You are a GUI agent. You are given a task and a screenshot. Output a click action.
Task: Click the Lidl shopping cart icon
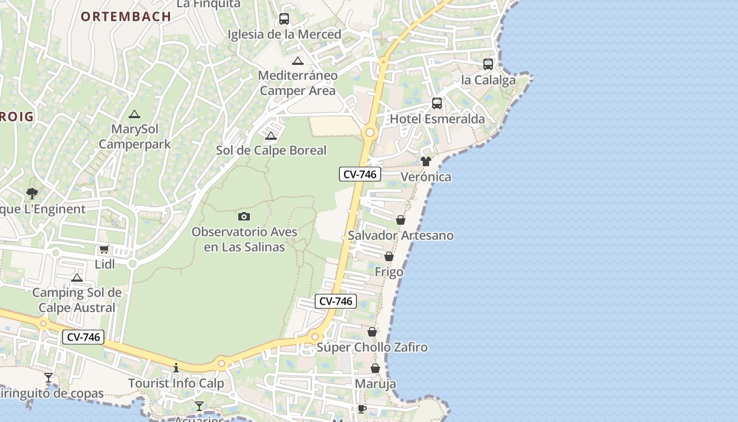click(x=104, y=249)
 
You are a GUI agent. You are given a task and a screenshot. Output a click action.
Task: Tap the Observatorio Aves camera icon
click(x=244, y=216)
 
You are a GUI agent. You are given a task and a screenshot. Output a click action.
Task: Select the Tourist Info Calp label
click(x=176, y=383)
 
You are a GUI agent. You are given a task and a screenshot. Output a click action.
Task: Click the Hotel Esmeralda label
click(x=437, y=119)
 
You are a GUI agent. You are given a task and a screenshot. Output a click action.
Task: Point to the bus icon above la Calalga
click(x=488, y=64)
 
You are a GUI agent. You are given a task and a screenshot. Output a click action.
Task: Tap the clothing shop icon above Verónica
click(x=426, y=161)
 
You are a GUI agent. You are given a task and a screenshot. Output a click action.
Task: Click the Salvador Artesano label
click(x=401, y=235)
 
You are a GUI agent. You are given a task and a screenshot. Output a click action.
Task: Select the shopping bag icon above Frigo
click(x=389, y=256)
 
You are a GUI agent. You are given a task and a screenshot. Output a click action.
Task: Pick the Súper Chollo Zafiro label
click(x=372, y=348)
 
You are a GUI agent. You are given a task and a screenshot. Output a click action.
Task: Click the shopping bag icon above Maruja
click(x=375, y=368)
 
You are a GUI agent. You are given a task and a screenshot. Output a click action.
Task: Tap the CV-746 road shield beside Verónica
click(x=360, y=174)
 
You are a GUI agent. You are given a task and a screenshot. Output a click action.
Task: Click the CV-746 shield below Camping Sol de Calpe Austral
click(x=83, y=337)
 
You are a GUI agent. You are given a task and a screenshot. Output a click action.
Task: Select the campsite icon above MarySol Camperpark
click(x=134, y=114)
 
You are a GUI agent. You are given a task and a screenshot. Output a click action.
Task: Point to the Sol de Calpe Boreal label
click(x=271, y=150)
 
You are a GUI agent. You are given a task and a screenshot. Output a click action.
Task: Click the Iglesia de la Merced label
click(x=284, y=34)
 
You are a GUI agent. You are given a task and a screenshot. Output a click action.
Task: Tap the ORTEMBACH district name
click(x=126, y=16)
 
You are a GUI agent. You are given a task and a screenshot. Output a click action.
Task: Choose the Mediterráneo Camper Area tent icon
click(x=298, y=61)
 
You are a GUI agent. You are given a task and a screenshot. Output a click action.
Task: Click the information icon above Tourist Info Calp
click(x=176, y=368)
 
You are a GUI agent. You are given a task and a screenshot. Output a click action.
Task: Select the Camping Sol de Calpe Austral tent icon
click(x=77, y=277)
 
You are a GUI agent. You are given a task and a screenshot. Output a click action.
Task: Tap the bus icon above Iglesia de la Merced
click(x=284, y=19)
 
